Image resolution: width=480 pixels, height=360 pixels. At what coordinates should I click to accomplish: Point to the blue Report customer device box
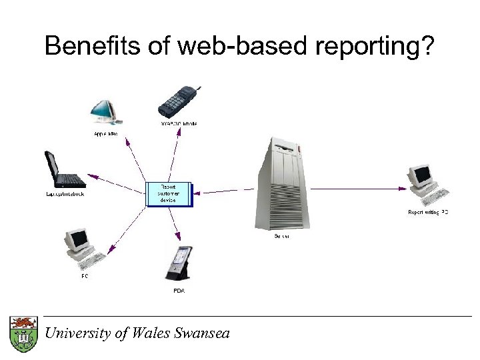(168, 193)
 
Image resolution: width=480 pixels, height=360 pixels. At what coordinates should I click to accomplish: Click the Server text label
(282, 236)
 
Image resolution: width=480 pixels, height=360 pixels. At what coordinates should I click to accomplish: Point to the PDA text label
(179, 291)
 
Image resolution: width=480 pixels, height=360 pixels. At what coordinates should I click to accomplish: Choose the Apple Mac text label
(104, 134)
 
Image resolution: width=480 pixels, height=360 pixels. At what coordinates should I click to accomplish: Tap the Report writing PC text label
(428, 212)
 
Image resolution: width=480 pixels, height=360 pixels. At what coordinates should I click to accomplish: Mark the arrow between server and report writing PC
(357, 189)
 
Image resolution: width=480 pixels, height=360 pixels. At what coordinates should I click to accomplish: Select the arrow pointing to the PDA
(175, 223)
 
